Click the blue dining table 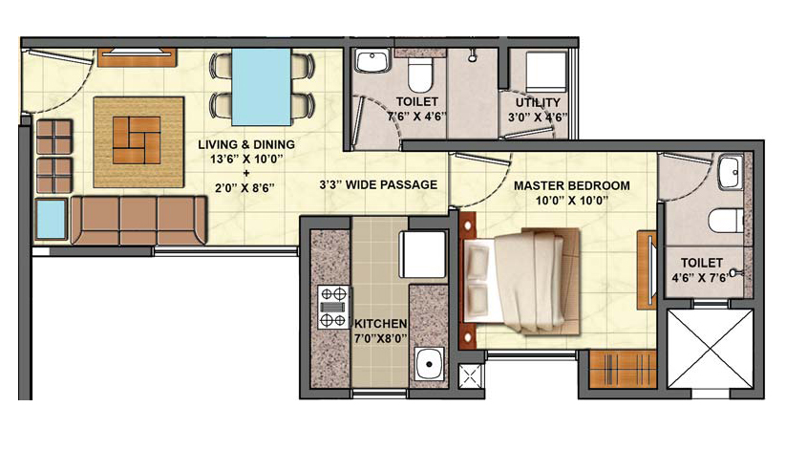click(x=261, y=87)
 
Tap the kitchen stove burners click(x=334, y=307)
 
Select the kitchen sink click(x=429, y=364)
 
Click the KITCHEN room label click(x=381, y=324)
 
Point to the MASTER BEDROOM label click(x=572, y=185)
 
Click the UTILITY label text click(x=538, y=102)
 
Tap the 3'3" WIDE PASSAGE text click(x=378, y=184)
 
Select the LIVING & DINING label click(x=246, y=144)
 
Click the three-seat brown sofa click(x=138, y=221)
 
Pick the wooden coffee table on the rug click(x=137, y=140)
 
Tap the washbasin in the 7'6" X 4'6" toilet click(x=373, y=61)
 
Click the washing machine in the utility click(x=546, y=72)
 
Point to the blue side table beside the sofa click(x=52, y=219)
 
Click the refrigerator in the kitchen click(x=422, y=254)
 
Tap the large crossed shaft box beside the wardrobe click(x=711, y=349)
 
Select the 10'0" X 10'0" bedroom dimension click(x=572, y=202)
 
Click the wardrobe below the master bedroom click(x=622, y=369)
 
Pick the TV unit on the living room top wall click(x=137, y=57)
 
